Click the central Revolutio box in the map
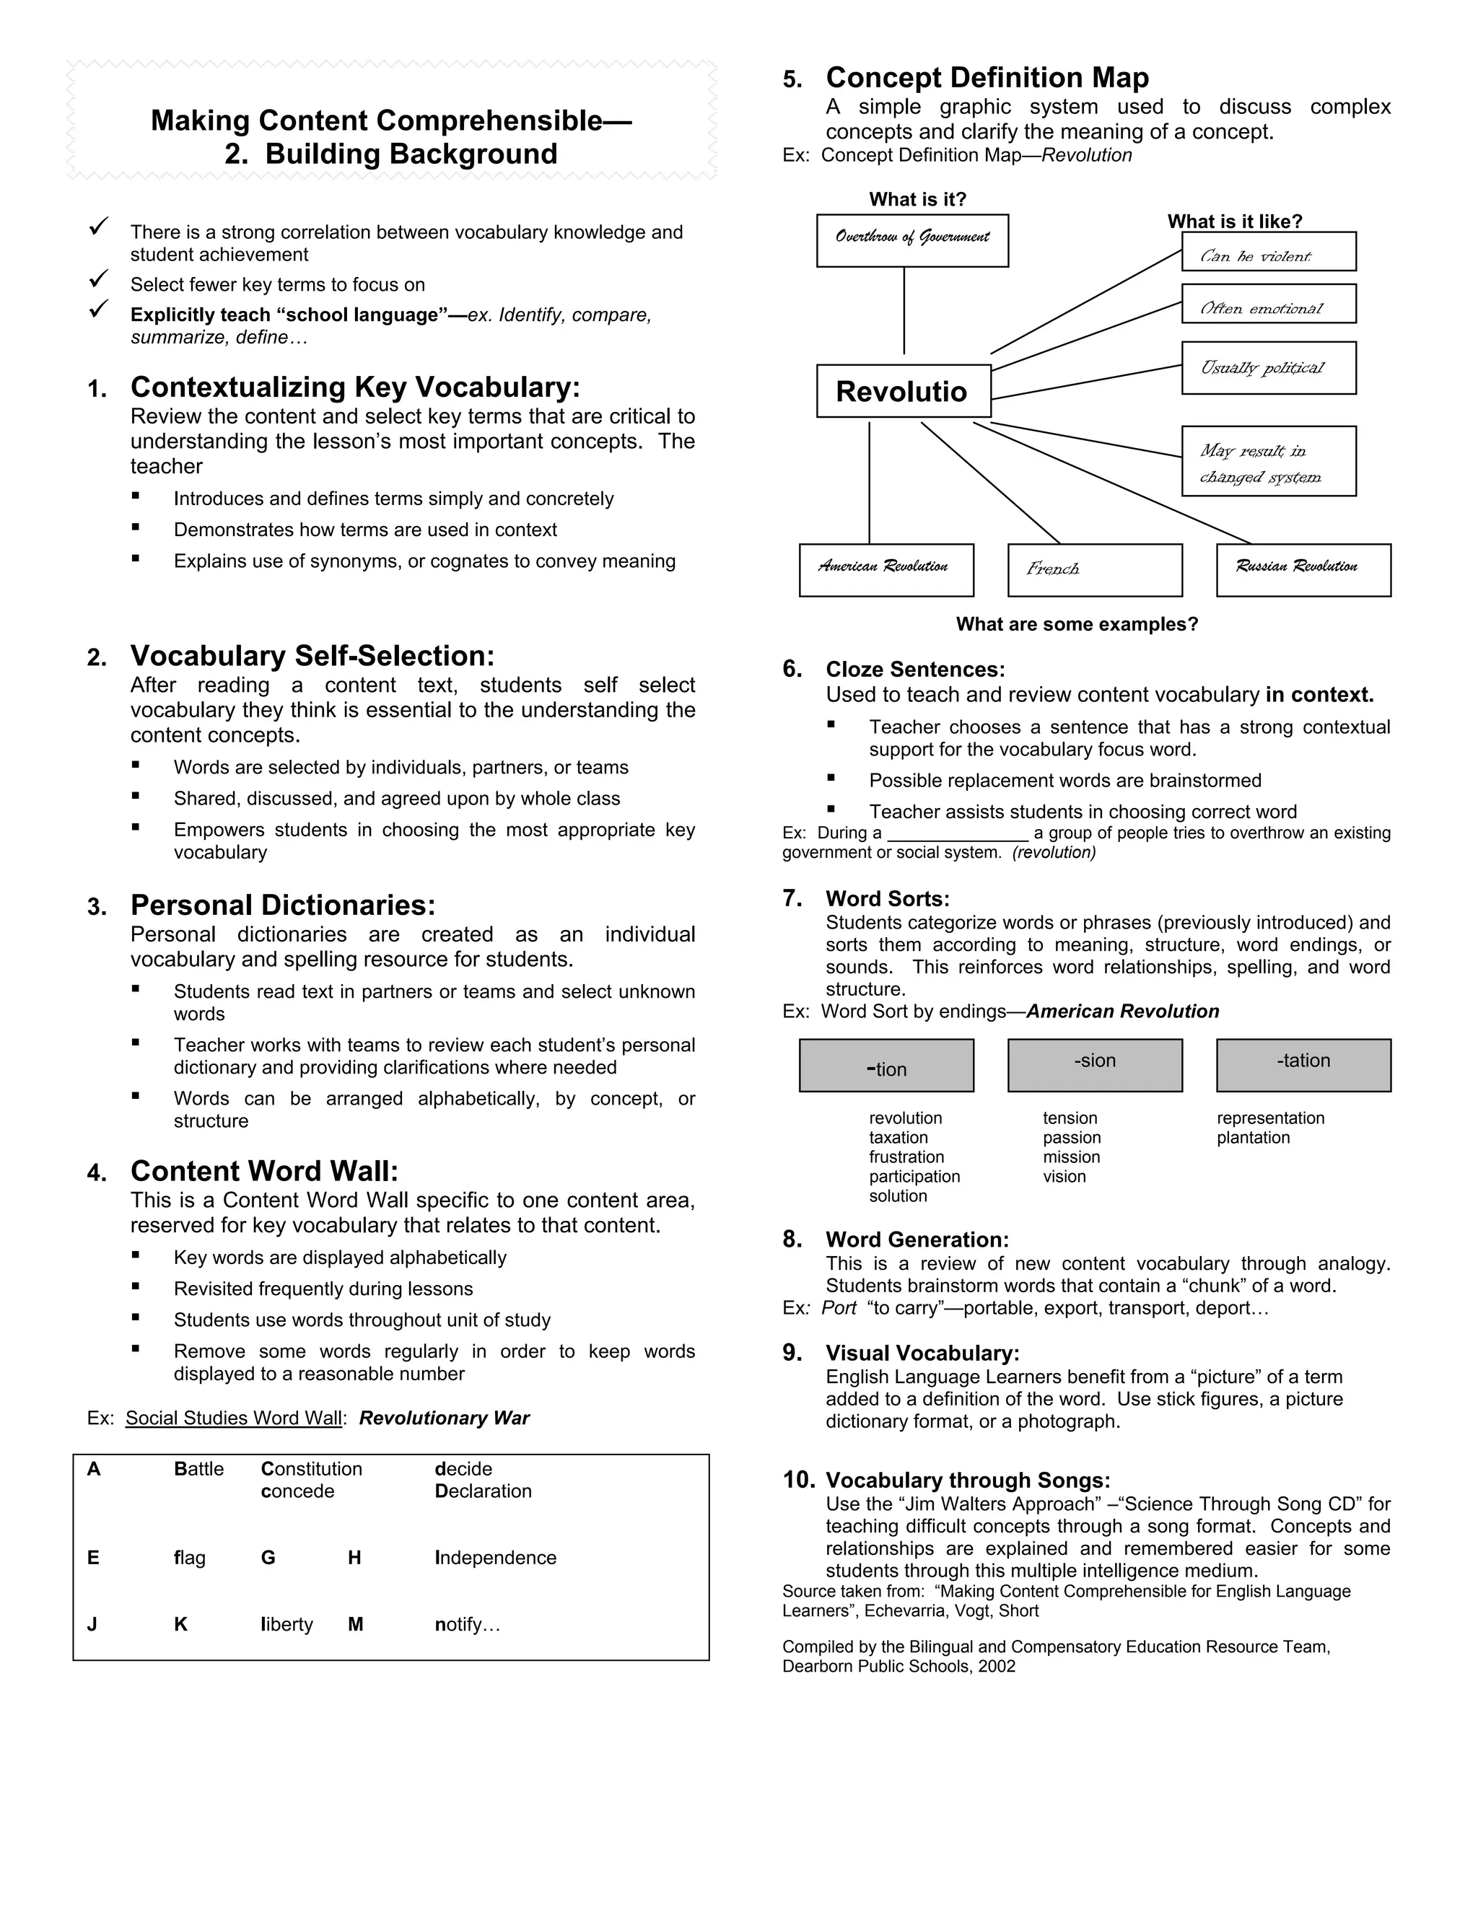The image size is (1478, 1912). tap(903, 391)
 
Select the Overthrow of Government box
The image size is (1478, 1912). tap(911, 240)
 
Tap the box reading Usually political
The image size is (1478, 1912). tap(1268, 368)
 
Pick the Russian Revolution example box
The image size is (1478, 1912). tap(1303, 570)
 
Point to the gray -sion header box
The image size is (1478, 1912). tap(1095, 1064)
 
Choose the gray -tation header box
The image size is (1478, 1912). tap(1303, 1064)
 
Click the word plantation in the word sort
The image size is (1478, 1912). tap(1253, 1137)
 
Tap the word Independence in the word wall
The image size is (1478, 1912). tap(496, 1558)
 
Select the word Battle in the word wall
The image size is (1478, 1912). tap(198, 1469)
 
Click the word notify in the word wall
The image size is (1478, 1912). tap(467, 1624)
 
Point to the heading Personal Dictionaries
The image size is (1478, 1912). tap(282, 905)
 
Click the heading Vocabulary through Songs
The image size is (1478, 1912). tap(968, 1480)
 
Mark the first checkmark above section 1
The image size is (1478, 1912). tap(99, 226)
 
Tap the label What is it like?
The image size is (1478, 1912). tap(1235, 222)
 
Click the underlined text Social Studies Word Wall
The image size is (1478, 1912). tap(233, 1418)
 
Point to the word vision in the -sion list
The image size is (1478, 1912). tap(1064, 1177)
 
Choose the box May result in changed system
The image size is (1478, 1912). tap(1268, 461)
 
